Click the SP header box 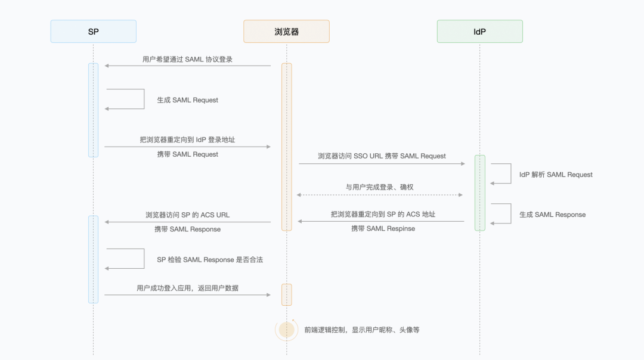coord(93,32)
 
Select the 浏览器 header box coord(286,32)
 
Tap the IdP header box coord(479,32)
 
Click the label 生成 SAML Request coord(187,100)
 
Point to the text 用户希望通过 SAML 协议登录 coord(187,59)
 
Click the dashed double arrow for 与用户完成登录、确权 coord(380,195)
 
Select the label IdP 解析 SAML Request coord(556,175)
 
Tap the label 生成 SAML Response coord(552,215)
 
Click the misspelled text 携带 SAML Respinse coord(383,228)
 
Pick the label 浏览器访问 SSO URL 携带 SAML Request coord(382,156)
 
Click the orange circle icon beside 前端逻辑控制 coord(287,330)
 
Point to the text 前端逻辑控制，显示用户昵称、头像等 coord(361,330)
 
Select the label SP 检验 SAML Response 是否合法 coord(209,259)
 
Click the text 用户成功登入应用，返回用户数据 coord(187,288)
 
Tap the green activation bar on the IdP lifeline coord(480,193)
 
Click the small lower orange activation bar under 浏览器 coord(287,294)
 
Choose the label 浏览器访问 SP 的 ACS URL coord(187,215)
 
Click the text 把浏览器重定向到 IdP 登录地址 coord(187,139)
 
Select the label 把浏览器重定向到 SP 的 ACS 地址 coord(383,214)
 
